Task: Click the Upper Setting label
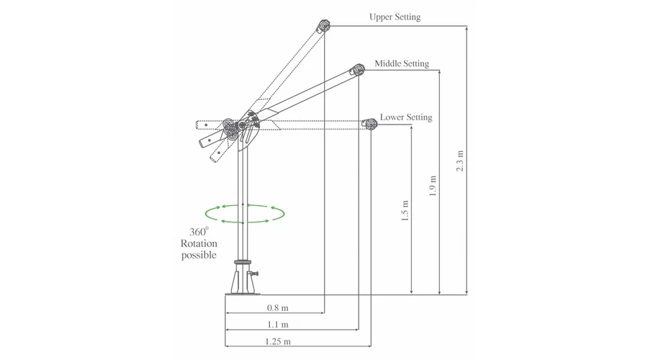tap(395, 17)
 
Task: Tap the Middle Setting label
tap(402, 63)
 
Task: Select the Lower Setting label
tap(406, 117)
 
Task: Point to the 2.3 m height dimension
tap(460, 161)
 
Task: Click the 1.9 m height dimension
tap(433, 186)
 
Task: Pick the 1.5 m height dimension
tap(405, 210)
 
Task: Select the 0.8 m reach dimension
tap(278, 308)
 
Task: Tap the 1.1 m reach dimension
tap(278, 325)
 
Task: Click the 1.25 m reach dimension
tap(278, 342)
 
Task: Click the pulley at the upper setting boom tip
tap(323, 26)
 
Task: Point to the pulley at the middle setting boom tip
tap(358, 70)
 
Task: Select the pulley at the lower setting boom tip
tap(370, 124)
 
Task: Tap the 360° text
tap(199, 231)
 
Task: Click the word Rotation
tap(199, 243)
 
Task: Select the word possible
tap(199, 255)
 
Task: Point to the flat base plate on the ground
tap(243, 294)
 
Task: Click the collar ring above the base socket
tap(243, 262)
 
